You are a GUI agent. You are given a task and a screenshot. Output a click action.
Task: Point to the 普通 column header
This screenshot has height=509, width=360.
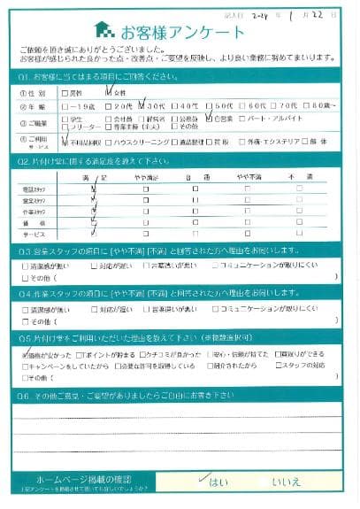coord(195,178)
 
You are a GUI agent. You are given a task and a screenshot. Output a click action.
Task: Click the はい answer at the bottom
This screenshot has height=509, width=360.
coord(217,483)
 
